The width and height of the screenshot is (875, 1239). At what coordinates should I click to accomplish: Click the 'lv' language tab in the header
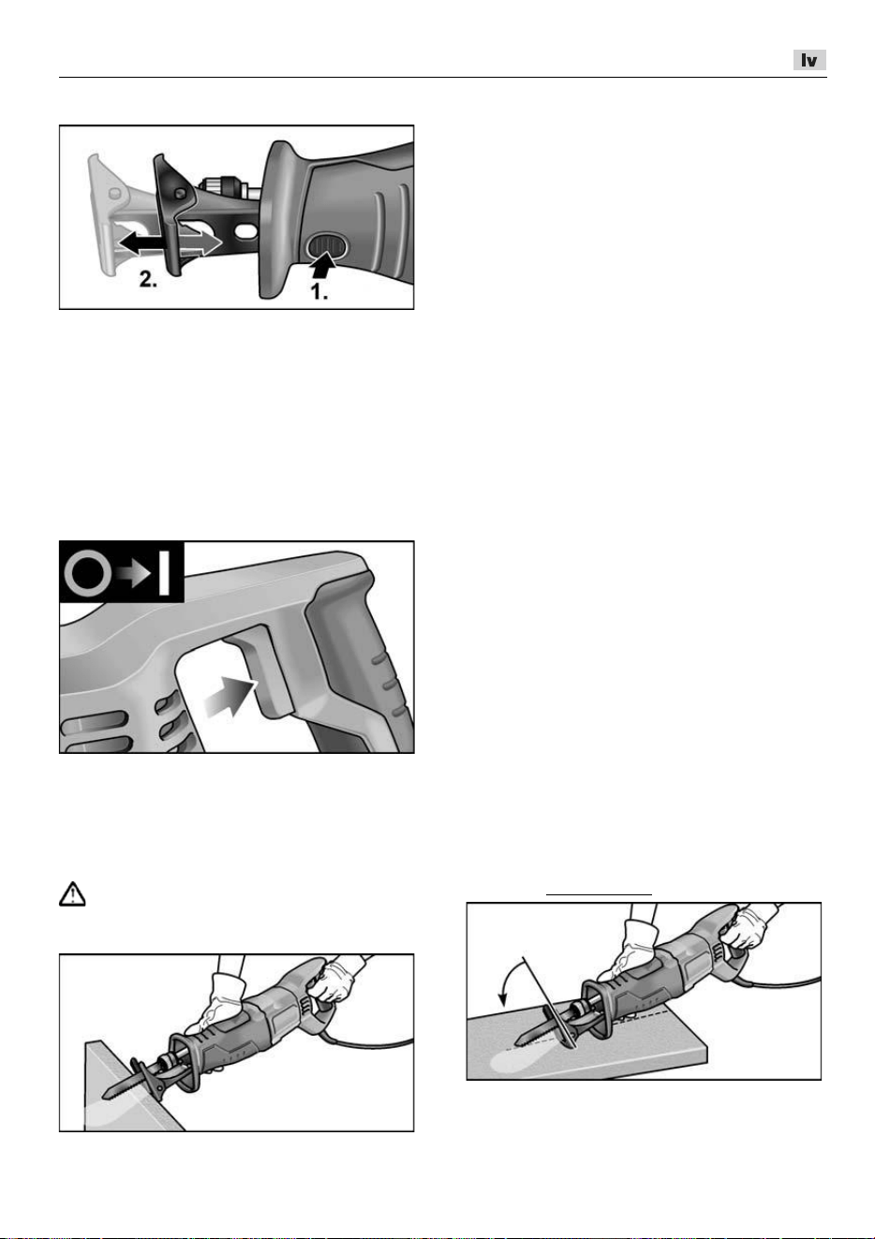[x=808, y=60]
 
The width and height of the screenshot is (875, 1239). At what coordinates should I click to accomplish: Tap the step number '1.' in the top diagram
[x=319, y=291]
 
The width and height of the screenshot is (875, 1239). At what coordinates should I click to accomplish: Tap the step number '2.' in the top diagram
[x=148, y=279]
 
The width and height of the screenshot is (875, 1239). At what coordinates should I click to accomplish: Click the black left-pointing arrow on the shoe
[x=141, y=243]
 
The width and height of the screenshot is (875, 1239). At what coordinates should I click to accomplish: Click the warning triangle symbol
[x=72, y=893]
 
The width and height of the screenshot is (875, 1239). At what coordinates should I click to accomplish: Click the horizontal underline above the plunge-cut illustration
[x=599, y=893]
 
